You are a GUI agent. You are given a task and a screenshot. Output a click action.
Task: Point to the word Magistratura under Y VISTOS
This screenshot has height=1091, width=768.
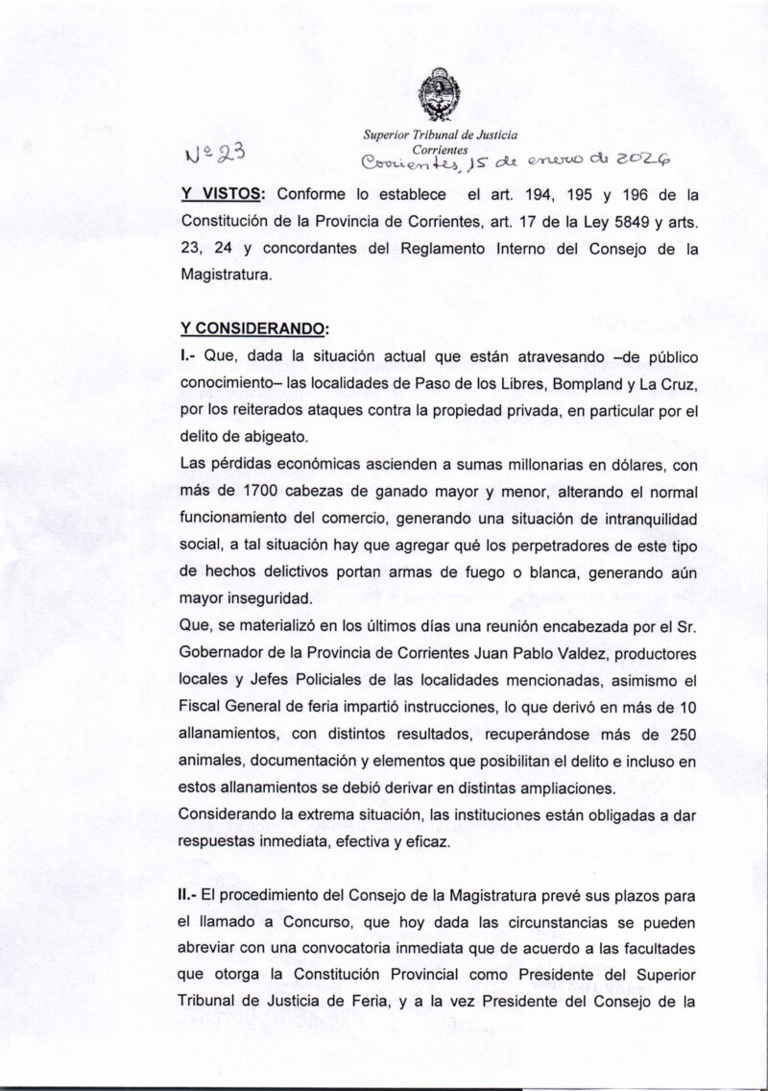click(x=226, y=274)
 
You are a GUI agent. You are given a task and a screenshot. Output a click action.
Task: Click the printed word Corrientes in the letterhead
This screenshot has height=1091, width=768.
click(x=440, y=150)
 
